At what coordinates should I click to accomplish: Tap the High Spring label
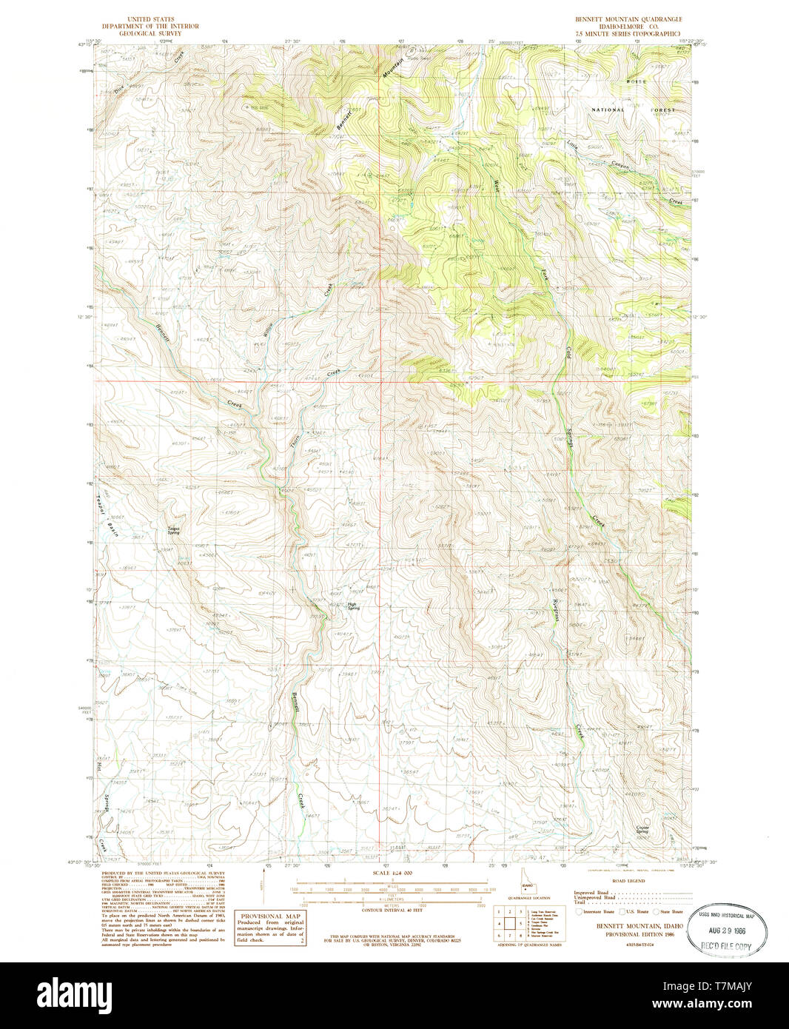tap(355, 605)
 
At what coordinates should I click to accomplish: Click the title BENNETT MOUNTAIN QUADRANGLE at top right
tap(629, 19)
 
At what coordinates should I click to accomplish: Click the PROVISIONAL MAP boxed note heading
tap(269, 916)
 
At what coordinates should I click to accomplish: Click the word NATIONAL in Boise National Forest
tap(608, 110)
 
